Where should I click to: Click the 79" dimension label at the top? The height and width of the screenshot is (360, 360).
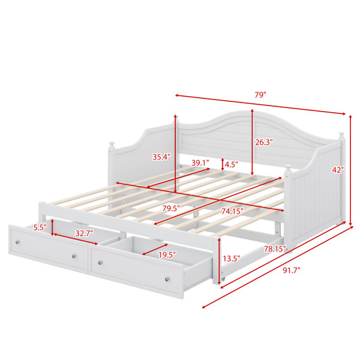point(260,95)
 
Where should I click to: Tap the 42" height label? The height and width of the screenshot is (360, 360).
point(338,170)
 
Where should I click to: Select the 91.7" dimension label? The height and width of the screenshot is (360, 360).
point(292,270)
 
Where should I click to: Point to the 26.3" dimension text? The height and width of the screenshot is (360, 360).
point(264,142)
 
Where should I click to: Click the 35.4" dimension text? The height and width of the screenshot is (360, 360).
point(161,157)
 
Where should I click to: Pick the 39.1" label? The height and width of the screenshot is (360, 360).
point(200,163)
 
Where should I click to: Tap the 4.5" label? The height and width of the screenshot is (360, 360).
point(231,164)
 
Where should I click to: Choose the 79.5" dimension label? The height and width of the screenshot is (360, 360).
point(171,208)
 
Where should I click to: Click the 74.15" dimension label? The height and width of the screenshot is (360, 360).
point(232,211)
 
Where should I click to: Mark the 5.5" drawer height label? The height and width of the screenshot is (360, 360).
point(40,227)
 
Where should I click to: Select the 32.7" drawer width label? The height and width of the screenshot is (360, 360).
point(84,233)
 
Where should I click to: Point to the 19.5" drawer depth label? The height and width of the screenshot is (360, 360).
point(167,254)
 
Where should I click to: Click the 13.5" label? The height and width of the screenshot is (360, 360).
point(232,259)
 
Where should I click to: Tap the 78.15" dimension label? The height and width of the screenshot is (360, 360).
point(275,248)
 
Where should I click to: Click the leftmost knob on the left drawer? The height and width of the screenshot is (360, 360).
point(17,242)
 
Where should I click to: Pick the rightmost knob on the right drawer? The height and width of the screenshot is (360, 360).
point(167,279)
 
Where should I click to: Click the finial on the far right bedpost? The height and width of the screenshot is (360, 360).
point(341,134)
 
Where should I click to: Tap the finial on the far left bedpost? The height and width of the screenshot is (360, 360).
point(112,145)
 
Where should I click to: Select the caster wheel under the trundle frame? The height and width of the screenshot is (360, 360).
point(223,279)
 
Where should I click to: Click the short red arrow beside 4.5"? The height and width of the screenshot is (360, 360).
point(222,164)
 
